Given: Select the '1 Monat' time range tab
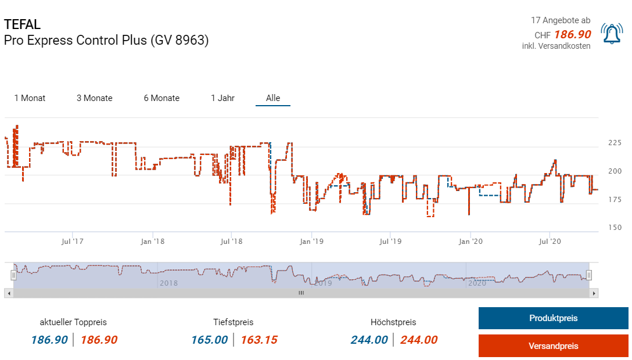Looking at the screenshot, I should pyautogui.click(x=30, y=98).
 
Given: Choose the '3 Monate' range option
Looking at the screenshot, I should pyautogui.click(x=95, y=98).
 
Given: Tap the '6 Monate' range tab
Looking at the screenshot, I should pyautogui.click(x=161, y=98).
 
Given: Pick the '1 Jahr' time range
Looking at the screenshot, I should pyautogui.click(x=222, y=98).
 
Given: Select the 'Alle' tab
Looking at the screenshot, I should pyautogui.click(x=273, y=98).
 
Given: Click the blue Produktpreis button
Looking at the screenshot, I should pyautogui.click(x=553, y=318).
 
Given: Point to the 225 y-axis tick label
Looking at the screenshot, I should pyautogui.click(x=614, y=142).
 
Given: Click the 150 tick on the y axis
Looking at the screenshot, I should pyautogui.click(x=614, y=228).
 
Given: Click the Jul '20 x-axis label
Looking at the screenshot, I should pyautogui.click(x=550, y=240).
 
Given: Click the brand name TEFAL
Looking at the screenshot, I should pyautogui.click(x=23, y=24).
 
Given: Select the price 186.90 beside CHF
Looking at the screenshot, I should pyautogui.click(x=572, y=35).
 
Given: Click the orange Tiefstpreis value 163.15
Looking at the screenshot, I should pyautogui.click(x=259, y=340).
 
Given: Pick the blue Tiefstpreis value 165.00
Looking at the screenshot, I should pyautogui.click(x=209, y=340).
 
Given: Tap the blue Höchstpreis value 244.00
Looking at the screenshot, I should pyautogui.click(x=369, y=340).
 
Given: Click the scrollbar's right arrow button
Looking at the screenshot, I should pyautogui.click(x=594, y=294).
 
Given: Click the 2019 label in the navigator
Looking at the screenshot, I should pyautogui.click(x=322, y=283).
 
